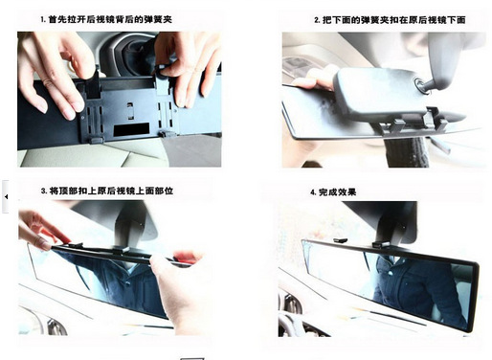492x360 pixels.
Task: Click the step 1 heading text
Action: coord(106,19)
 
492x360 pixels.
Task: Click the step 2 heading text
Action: coord(390,20)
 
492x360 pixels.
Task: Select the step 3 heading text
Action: coord(107,191)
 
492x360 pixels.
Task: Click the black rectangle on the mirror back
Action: coord(131,128)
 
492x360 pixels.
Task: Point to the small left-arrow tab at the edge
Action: coord(6,196)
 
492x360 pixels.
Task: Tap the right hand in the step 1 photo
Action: coord(189,64)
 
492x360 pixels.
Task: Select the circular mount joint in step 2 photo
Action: coord(421,84)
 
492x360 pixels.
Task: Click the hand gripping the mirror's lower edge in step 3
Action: coord(179,287)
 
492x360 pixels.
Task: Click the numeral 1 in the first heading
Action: coord(42,20)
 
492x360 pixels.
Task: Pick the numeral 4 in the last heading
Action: coord(313,192)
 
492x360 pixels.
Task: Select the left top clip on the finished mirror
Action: coord(340,240)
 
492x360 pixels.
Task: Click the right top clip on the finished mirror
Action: coord(381,245)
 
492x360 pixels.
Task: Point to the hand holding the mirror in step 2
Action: coord(314,79)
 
